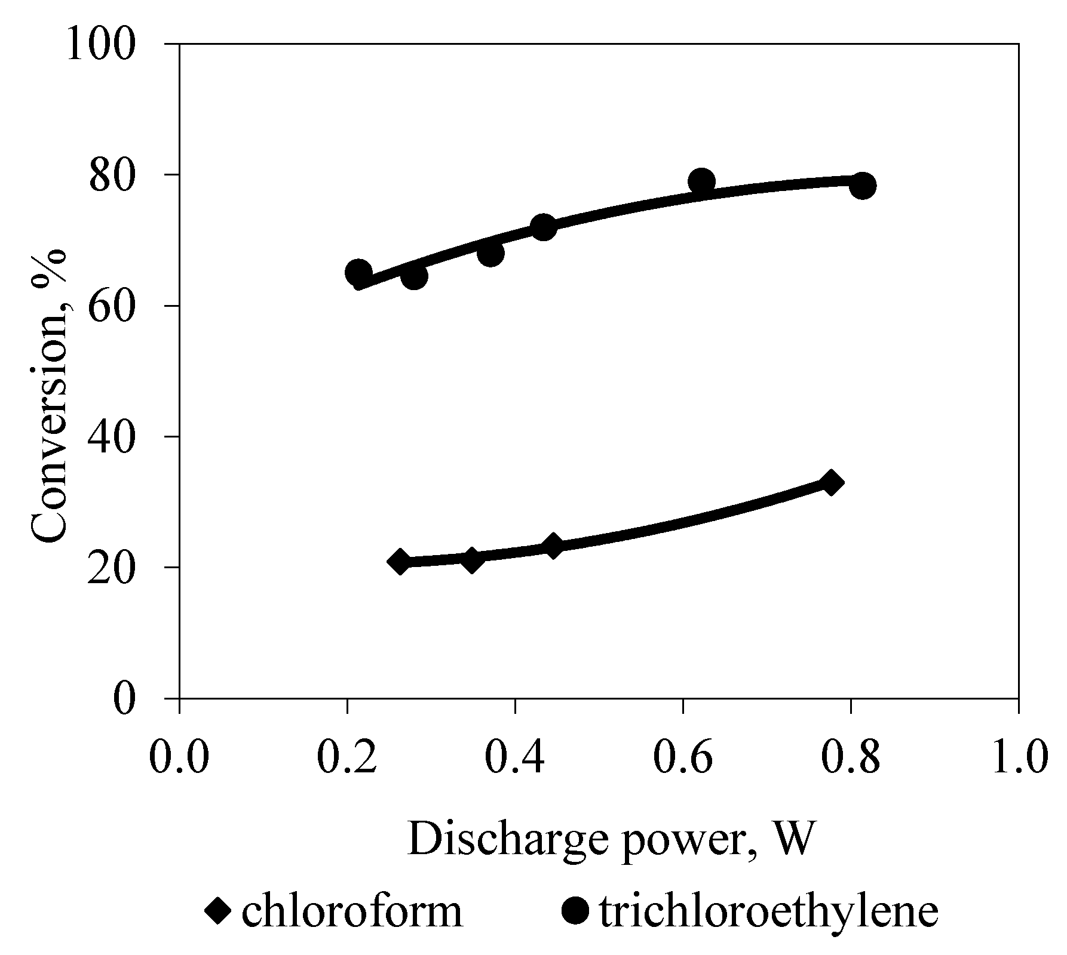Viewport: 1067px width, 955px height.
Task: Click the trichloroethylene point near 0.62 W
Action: coord(701,181)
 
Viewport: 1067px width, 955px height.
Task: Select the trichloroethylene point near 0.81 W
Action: coord(862,186)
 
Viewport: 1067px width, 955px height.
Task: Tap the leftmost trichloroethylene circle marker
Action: coord(358,273)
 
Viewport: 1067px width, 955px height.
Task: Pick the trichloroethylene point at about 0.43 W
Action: coord(543,227)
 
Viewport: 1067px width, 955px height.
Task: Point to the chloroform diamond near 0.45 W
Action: coord(553,546)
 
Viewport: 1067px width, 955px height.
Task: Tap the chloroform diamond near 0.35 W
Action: coord(472,560)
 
